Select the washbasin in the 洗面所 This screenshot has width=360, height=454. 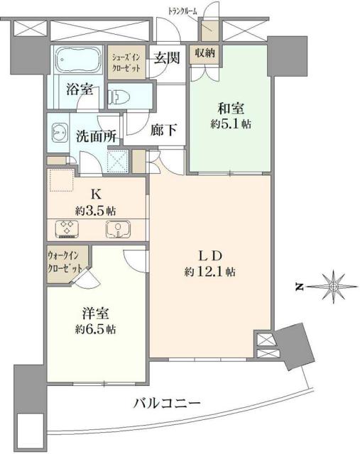[59, 132]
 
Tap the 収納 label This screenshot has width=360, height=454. [206, 52]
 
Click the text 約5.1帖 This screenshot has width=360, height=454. [231, 124]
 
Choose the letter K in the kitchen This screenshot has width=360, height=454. [95, 192]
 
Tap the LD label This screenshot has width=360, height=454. [211, 255]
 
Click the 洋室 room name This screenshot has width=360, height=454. [95, 314]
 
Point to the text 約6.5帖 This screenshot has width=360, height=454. [95, 330]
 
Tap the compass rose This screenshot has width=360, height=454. [333, 286]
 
